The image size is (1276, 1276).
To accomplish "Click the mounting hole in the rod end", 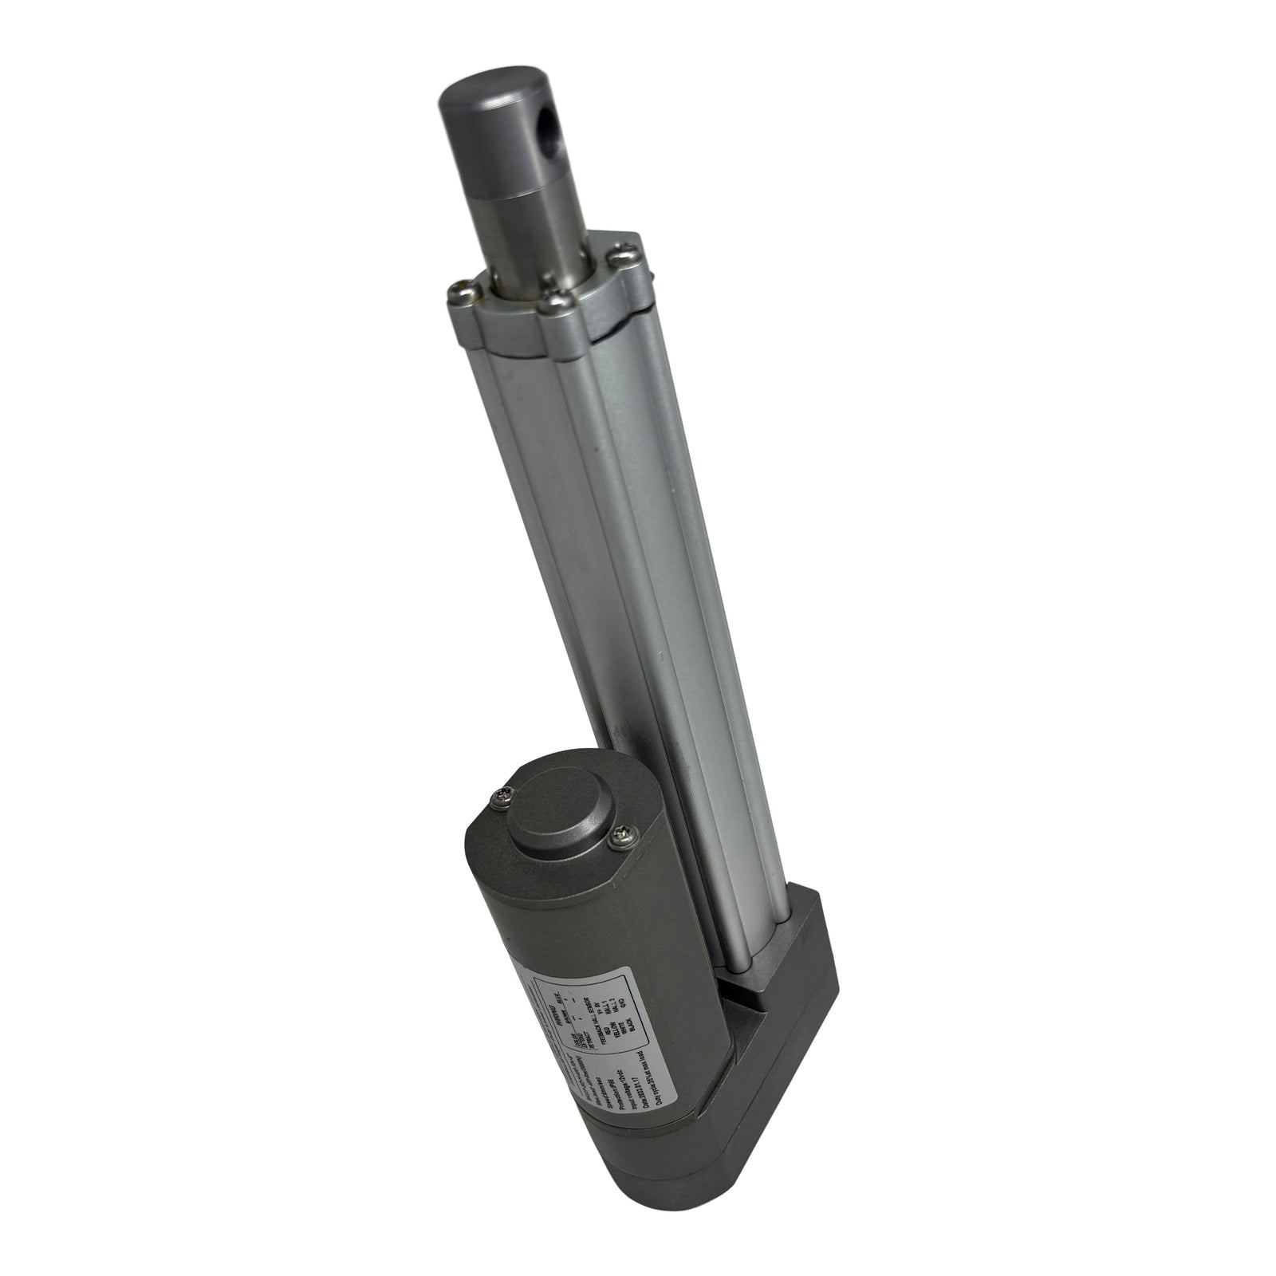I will (553, 128).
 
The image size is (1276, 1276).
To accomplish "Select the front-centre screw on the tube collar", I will (552, 302).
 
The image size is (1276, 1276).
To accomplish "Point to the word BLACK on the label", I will (631, 1025).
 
